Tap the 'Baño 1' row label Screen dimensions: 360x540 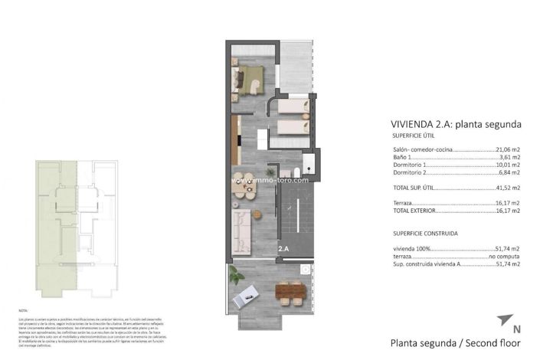(404, 157)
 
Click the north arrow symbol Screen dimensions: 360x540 (503, 319)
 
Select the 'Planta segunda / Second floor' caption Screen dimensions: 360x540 (456, 342)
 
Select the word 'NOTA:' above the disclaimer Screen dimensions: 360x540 (24, 310)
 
